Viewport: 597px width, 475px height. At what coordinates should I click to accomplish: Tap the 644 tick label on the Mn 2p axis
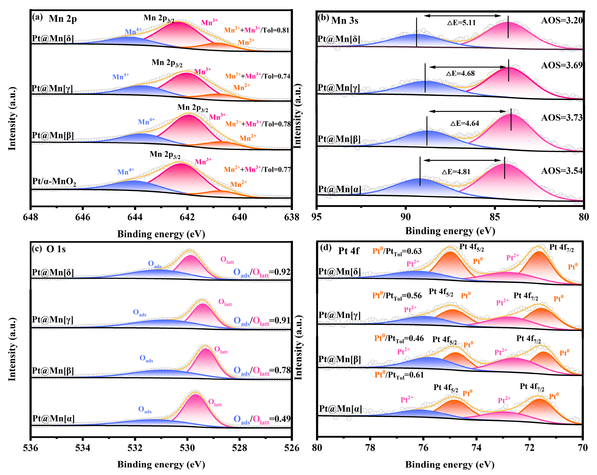coord(135,217)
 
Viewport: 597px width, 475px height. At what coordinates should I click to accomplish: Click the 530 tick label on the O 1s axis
coord(187,448)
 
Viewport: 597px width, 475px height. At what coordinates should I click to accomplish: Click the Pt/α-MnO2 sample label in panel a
coord(54,182)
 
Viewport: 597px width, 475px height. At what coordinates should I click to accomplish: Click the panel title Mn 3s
coord(345,21)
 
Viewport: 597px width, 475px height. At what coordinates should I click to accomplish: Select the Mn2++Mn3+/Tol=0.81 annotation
coord(257,30)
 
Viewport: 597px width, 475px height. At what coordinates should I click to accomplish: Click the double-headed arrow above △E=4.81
coord(462,160)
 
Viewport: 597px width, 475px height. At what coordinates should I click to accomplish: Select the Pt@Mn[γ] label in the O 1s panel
coord(53,319)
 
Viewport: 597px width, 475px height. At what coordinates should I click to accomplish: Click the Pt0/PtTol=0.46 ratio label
coord(399,339)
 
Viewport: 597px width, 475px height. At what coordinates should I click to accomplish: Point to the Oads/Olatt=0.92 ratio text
coord(262,272)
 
